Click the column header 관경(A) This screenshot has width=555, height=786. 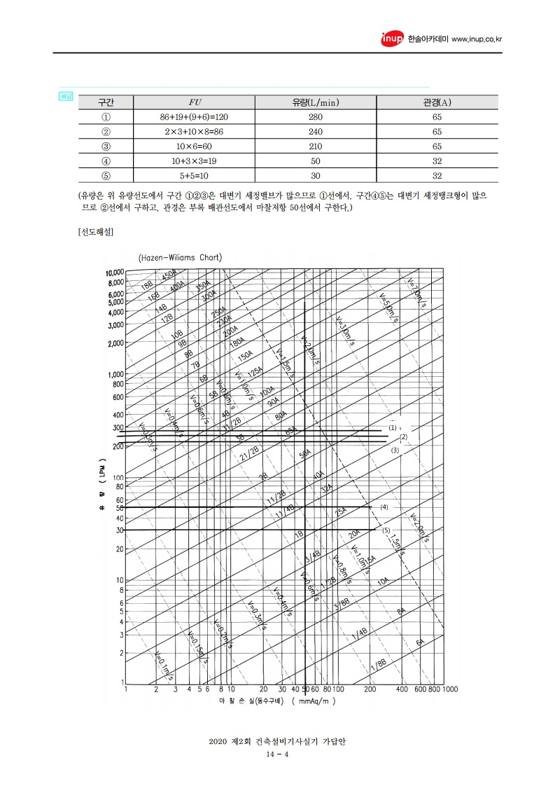[437, 102]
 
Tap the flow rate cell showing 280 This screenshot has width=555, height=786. [315, 117]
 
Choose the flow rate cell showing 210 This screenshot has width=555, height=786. [315, 146]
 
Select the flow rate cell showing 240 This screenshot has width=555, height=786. [315, 132]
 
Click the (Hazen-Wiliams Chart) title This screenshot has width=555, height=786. [180, 257]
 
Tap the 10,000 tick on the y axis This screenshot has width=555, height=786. [114, 273]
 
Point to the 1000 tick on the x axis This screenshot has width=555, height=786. [449, 689]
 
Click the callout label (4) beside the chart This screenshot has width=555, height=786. [384, 506]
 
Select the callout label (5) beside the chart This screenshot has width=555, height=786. [386, 530]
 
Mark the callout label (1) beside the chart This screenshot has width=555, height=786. [393, 427]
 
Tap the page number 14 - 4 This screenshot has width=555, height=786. [278, 754]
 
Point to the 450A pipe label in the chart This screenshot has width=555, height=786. [169, 276]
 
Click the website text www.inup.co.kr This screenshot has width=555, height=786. [477, 39]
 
